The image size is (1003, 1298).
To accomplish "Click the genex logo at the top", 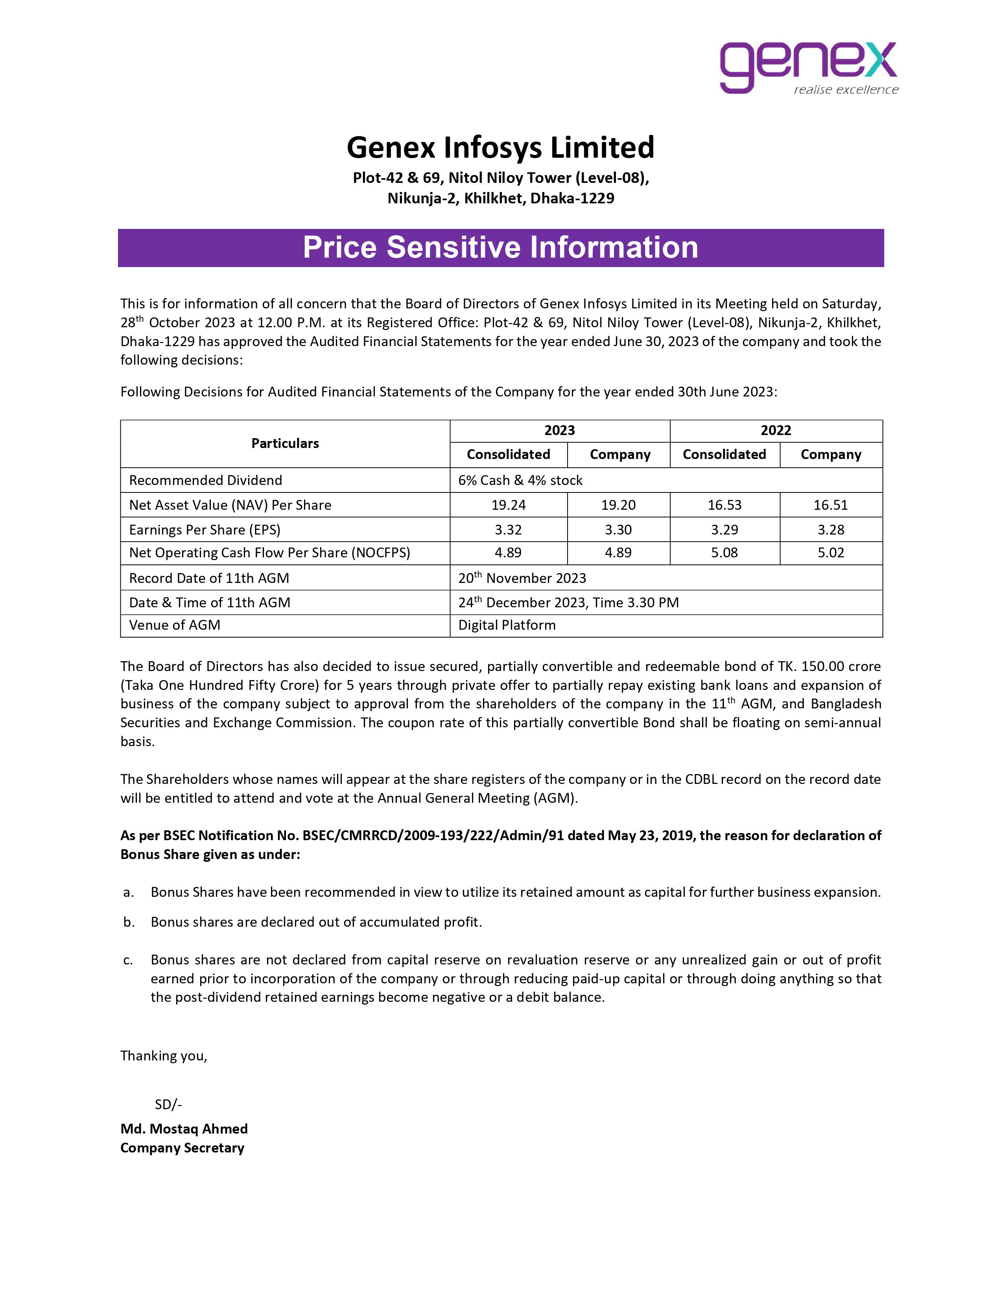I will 808,66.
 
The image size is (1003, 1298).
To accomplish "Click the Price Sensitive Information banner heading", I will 500,247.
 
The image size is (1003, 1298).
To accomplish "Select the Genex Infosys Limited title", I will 500,147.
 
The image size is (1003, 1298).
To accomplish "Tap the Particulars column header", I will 285,443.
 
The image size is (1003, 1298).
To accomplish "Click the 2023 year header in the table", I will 559,430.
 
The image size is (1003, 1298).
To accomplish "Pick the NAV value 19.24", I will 508,505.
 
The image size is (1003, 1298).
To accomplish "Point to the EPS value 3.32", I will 508,529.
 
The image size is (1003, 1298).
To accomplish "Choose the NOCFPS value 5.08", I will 724,553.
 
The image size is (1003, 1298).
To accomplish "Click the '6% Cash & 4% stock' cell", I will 520,480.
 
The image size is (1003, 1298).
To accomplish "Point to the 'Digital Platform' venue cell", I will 507,625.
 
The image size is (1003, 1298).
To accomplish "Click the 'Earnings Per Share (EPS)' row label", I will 205,529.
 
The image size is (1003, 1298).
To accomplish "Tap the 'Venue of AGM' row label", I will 175,625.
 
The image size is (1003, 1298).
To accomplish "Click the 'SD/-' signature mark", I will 168,1104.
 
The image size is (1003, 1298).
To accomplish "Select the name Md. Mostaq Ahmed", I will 184,1128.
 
